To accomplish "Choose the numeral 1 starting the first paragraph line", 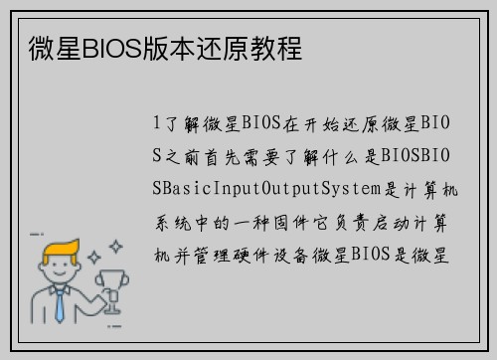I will (157, 124).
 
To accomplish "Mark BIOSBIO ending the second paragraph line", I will (415, 155).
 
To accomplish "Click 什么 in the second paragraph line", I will (337, 155).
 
